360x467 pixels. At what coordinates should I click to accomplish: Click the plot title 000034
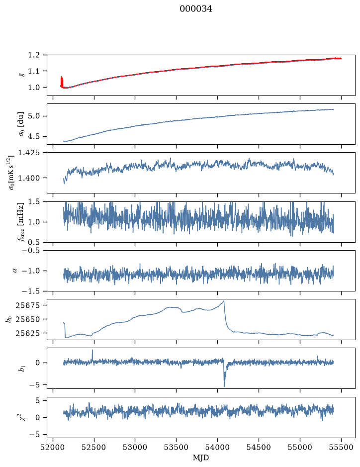(195, 9)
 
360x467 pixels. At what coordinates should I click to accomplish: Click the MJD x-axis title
(201, 458)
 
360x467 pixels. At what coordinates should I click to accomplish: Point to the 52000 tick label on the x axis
(53, 447)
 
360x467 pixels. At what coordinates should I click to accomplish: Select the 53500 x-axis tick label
(177, 447)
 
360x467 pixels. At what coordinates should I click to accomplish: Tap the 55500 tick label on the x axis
(341, 447)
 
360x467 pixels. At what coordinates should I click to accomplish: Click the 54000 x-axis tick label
(217, 447)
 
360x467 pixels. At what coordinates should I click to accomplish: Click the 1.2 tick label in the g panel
(34, 55)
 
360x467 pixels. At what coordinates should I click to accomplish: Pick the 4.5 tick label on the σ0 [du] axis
(34, 136)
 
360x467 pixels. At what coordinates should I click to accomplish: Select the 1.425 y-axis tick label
(29, 153)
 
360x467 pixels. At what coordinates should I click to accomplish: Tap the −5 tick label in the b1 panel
(34, 385)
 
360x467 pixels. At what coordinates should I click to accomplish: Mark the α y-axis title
(15, 271)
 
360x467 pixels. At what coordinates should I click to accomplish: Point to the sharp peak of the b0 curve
(224, 301)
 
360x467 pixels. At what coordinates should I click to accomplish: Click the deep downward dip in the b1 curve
(224, 386)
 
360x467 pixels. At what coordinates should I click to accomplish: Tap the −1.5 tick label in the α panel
(32, 291)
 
